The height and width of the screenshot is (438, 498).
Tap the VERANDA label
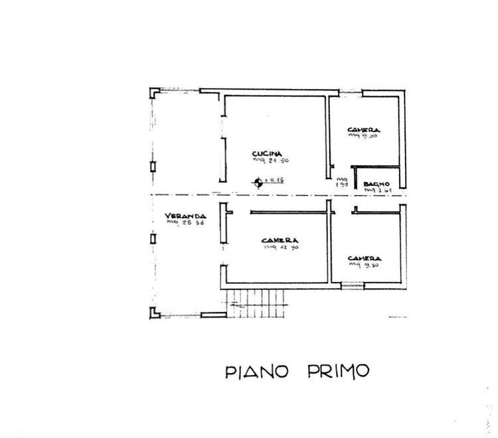coord(186,216)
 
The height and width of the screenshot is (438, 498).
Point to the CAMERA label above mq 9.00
coord(363,129)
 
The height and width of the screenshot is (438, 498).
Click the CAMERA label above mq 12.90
coord(278,240)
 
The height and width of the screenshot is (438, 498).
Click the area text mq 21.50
coord(270,161)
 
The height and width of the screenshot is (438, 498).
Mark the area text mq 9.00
coord(363,137)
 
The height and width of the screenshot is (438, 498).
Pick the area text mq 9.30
coord(366,265)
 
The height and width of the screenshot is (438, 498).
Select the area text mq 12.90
coord(278,248)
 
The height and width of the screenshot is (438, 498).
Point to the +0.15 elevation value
coord(274,180)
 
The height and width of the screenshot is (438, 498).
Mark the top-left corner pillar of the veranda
coord(153,92)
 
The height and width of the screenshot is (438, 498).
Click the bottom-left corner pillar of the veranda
coord(153,313)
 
